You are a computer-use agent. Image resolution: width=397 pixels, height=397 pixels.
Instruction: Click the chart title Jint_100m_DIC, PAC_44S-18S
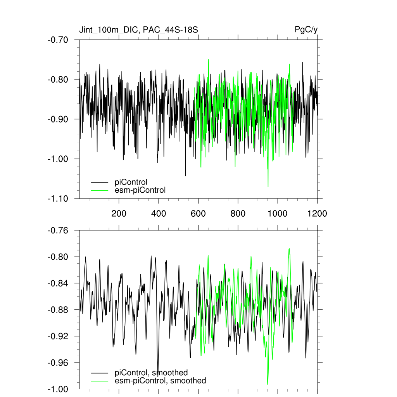pos(139,30)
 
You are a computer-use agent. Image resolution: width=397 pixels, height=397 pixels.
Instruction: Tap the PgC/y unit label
pos(306,30)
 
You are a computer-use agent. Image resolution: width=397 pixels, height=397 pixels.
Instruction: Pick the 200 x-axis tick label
pos(119,213)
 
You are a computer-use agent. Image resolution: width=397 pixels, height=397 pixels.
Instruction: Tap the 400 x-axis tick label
pos(159,213)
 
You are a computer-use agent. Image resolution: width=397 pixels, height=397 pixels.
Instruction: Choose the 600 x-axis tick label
pos(198,213)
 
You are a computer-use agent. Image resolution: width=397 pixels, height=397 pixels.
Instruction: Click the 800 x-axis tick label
pos(238,213)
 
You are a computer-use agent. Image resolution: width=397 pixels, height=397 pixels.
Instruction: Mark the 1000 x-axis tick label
pos(278,213)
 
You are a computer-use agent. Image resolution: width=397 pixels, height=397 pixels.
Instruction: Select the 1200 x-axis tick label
pos(317,213)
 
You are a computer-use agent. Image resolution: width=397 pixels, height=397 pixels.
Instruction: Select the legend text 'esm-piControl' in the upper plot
pos(140,190)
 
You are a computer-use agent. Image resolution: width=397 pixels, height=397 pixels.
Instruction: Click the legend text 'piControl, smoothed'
pos(151,373)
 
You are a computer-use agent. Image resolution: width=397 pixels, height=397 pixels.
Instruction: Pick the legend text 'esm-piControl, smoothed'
pos(161,381)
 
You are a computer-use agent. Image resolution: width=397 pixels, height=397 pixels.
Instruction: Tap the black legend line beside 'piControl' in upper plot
pos(100,182)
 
